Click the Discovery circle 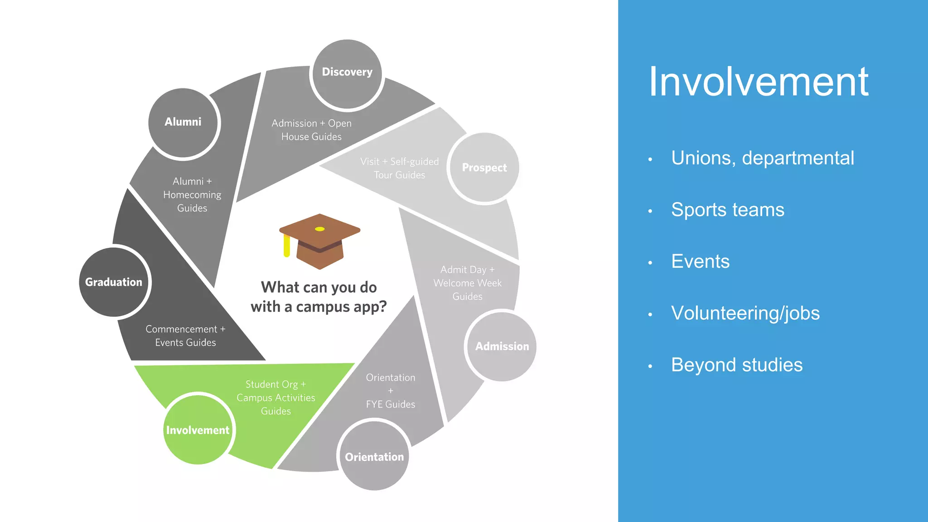tap(347, 75)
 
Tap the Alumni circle tap(184, 123)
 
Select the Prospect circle tap(484, 168)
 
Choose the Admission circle tap(502, 347)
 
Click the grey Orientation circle tap(374, 456)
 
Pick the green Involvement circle tap(198, 430)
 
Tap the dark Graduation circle tap(114, 282)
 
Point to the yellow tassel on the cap tap(286, 247)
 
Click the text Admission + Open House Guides tap(311, 130)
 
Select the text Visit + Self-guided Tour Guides tap(400, 168)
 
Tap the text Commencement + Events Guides tap(185, 336)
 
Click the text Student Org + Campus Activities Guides tap(275, 397)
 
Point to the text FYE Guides tap(390, 404)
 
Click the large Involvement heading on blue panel tap(759, 82)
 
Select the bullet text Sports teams tap(727, 210)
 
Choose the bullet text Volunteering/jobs tap(745, 313)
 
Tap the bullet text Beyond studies tap(737, 365)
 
